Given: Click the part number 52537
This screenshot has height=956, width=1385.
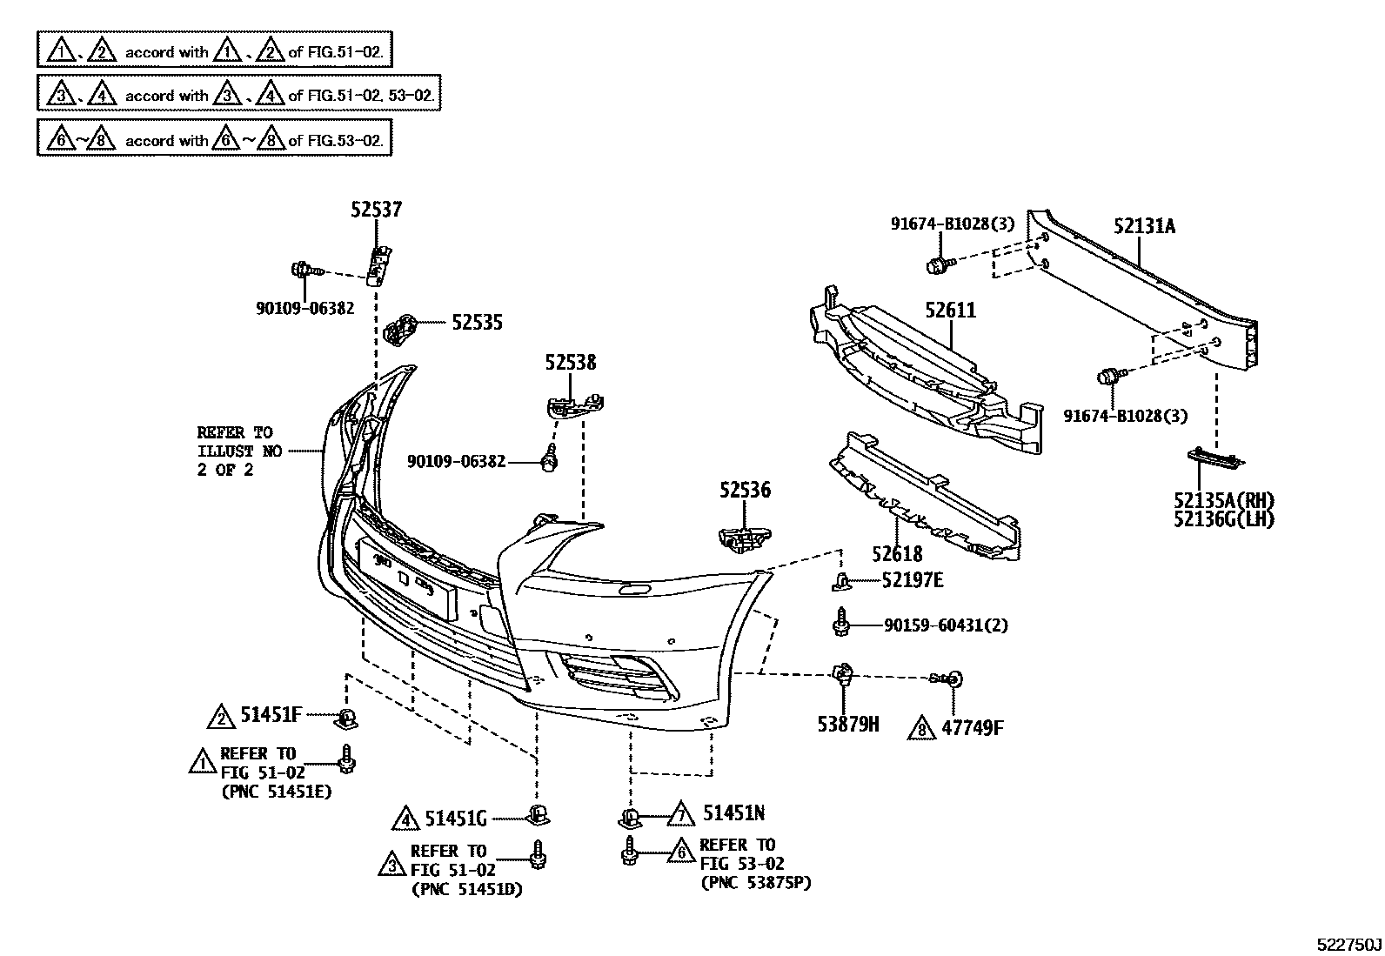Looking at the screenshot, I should [377, 210].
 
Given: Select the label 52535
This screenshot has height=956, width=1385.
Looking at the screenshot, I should [477, 323].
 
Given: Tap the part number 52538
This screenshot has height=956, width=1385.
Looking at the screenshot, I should [571, 362].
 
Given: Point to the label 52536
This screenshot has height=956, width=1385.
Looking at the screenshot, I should [745, 491].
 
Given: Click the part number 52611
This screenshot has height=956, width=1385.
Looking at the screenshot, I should [950, 311].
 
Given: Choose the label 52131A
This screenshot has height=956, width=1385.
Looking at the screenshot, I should [1144, 227].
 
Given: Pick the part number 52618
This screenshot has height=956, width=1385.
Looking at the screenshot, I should [898, 553].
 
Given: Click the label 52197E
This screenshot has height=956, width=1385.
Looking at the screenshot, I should [912, 580].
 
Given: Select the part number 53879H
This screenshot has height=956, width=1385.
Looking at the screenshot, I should [847, 723].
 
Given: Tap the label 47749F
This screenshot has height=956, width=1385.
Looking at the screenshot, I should [972, 728].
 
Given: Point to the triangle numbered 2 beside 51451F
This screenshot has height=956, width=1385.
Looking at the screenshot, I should [221, 716].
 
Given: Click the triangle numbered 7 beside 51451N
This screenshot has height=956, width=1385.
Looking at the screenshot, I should [680, 814].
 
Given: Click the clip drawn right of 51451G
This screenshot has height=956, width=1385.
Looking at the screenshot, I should [538, 815].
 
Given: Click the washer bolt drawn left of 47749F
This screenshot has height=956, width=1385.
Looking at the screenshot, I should [949, 679].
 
